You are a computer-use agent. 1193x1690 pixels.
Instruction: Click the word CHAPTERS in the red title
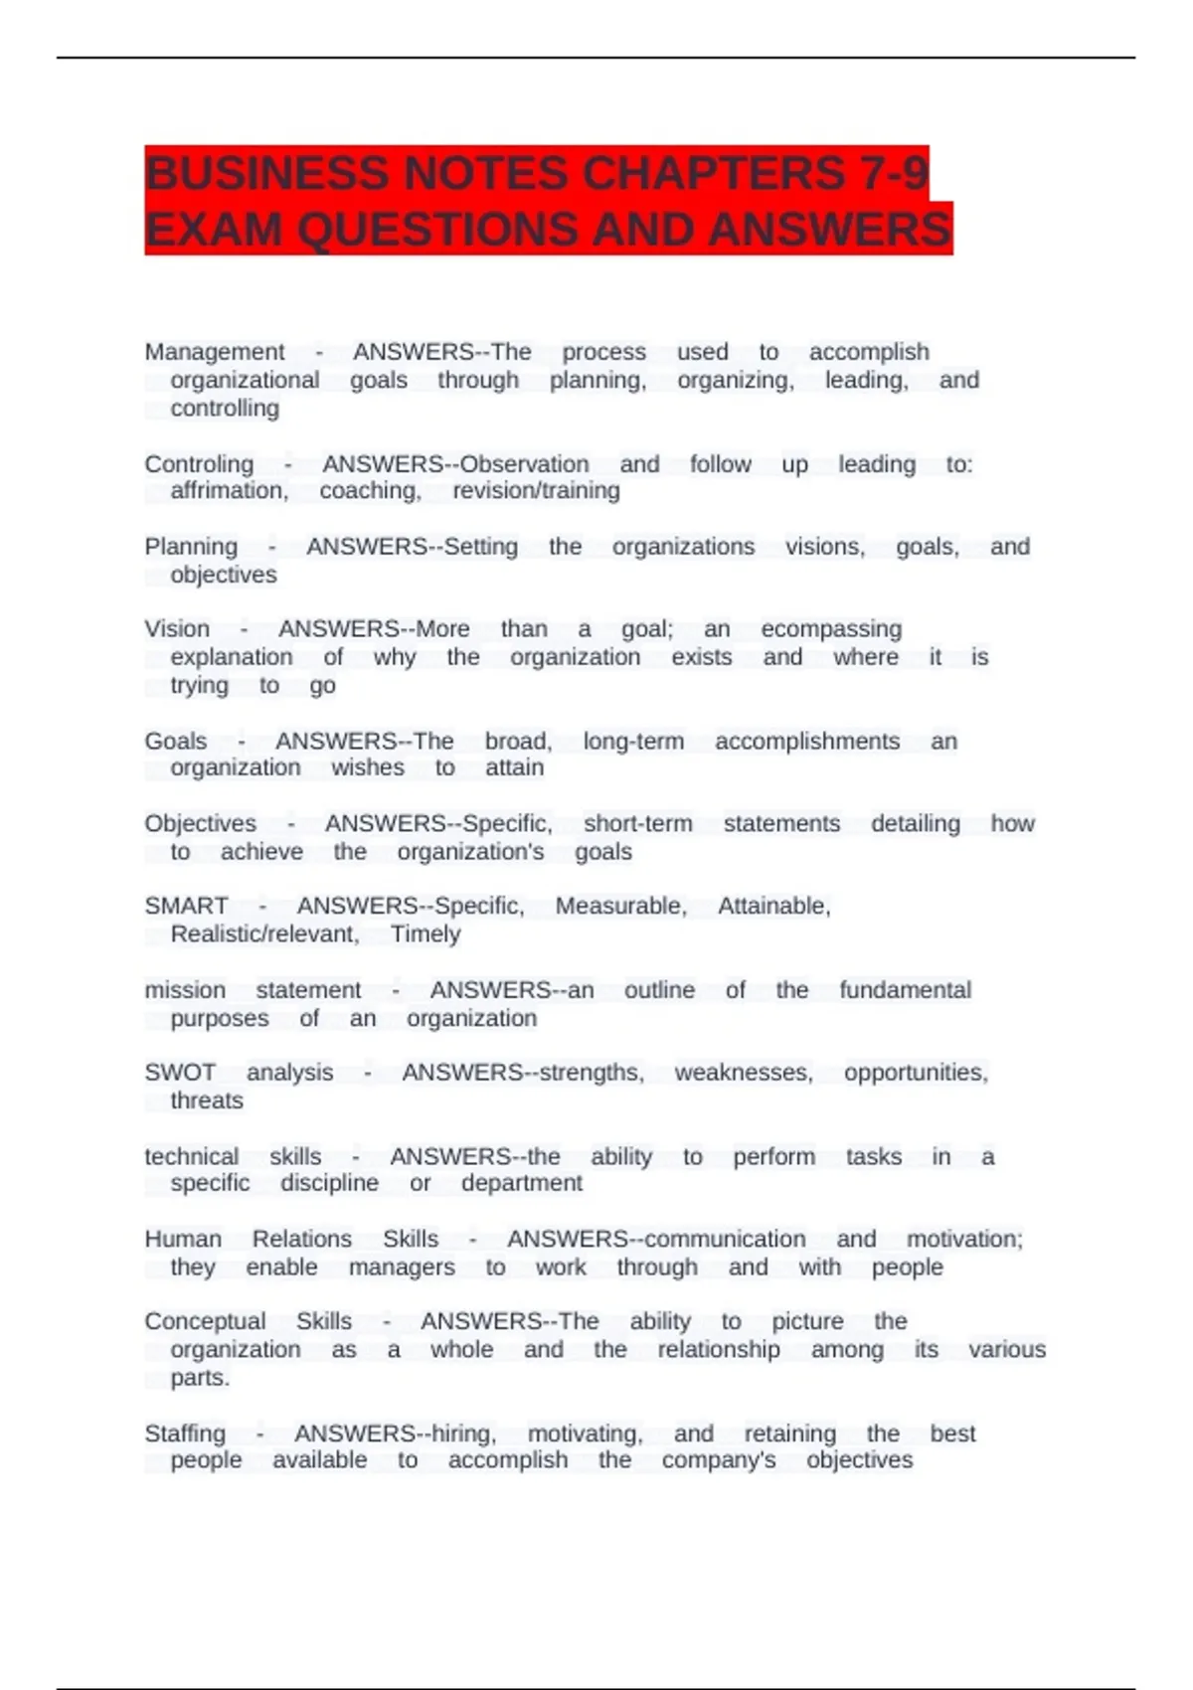point(713,174)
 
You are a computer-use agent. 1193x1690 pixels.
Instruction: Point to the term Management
point(214,352)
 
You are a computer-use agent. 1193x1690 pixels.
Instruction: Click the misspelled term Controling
point(199,464)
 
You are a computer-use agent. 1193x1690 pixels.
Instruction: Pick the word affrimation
point(229,491)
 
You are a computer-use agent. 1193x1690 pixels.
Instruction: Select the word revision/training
point(536,491)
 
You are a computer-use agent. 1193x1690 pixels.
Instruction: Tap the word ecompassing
point(831,629)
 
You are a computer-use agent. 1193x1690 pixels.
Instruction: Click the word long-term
point(633,742)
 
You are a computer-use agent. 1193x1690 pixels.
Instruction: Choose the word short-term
point(637,824)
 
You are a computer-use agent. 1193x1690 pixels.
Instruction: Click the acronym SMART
point(186,907)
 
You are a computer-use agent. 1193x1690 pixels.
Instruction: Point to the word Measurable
point(620,907)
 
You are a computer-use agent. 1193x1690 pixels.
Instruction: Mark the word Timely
point(426,934)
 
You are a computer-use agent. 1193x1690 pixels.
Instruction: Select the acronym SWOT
point(180,1073)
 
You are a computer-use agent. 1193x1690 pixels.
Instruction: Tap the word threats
point(207,1100)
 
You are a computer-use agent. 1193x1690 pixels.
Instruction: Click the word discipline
point(329,1183)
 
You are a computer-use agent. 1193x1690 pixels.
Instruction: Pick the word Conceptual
point(205,1321)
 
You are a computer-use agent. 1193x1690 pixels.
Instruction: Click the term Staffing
point(185,1434)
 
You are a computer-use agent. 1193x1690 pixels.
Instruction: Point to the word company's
point(719,1460)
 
